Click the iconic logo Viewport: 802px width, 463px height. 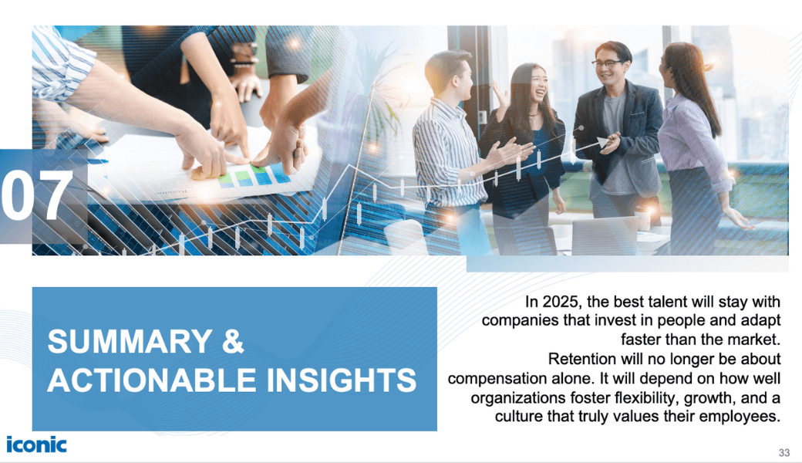pos(36,444)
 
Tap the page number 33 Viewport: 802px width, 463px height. pos(784,452)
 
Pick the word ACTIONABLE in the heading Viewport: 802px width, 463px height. pos(151,380)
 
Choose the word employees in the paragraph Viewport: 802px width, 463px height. pos(739,417)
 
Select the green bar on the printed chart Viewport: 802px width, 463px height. pos(242,177)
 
